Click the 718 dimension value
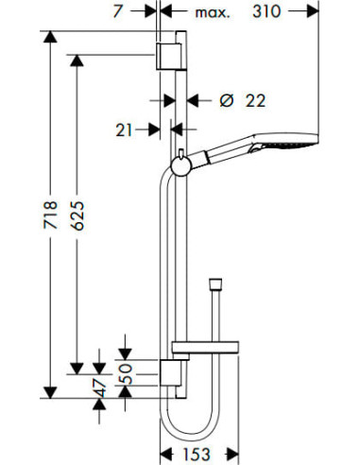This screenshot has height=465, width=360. click(x=51, y=215)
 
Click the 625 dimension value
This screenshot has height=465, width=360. click(x=77, y=215)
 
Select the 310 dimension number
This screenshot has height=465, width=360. click(x=266, y=12)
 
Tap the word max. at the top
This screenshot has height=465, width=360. click(x=213, y=13)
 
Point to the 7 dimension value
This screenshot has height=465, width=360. click(x=117, y=11)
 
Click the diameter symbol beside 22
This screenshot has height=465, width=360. click(x=227, y=101)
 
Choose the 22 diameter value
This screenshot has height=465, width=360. click(x=255, y=101)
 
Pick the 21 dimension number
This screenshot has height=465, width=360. click(x=124, y=129)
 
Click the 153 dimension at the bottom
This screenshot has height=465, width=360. click(x=196, y=454)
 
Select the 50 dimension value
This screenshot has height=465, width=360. click(x=128, y=374)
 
